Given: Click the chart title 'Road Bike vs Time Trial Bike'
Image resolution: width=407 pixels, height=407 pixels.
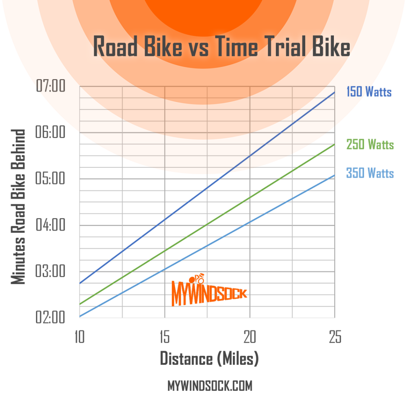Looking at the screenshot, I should (x=221, y=47).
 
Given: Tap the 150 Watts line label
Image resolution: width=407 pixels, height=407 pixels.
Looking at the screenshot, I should (x=369, y=92).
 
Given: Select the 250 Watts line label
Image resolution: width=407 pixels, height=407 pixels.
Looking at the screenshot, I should (x=370, y=144).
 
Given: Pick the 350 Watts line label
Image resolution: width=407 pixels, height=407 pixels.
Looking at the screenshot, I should (x=370, y=173).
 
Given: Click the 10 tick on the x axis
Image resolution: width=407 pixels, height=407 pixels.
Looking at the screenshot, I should (x=80, y=337).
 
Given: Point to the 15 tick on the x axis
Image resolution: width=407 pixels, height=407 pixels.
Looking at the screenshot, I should (x=165, y=337).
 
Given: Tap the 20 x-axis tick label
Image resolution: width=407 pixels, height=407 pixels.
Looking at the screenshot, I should (x=250, y=337).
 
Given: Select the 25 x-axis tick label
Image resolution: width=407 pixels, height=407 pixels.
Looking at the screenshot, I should (x=334, y=337).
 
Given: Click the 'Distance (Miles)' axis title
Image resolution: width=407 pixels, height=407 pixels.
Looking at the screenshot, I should (x=209, y=359).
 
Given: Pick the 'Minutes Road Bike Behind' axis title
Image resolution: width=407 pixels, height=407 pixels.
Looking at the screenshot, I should (x=18, y=207).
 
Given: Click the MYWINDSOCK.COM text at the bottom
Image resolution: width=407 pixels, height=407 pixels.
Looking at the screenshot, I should (x=210, y=386).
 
